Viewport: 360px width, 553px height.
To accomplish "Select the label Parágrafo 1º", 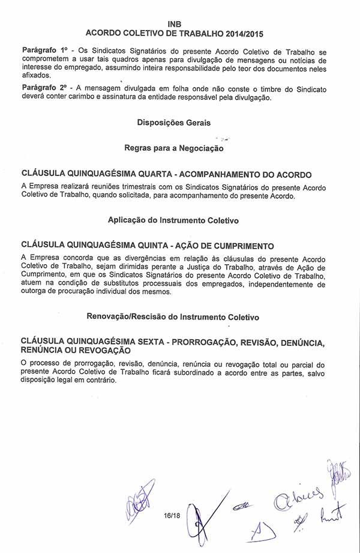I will [44, 52].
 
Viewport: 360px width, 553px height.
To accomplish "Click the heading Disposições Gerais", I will [173, 122].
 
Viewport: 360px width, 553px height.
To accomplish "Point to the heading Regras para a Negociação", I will [173, 148].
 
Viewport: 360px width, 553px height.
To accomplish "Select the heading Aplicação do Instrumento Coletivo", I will [173, 220].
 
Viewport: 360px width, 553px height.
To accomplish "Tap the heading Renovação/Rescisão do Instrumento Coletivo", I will [173, 316].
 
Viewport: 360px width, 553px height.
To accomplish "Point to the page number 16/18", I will [172, 515].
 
